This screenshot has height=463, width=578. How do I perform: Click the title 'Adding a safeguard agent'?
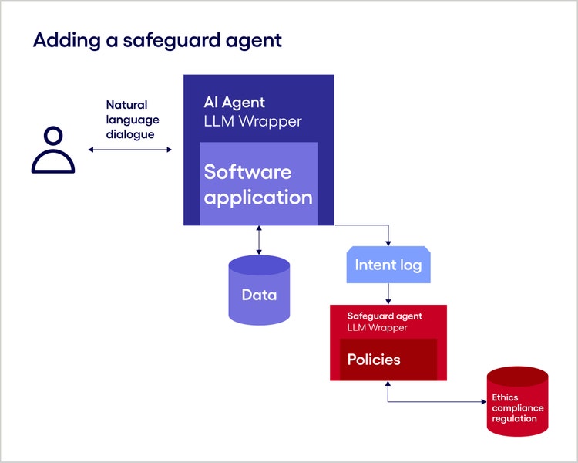(157, 41)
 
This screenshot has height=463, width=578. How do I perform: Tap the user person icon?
(53, 150)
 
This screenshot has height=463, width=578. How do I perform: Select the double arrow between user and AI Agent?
(130, 150)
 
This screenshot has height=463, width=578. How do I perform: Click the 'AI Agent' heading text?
(234, 102)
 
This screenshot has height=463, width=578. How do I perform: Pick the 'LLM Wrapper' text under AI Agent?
(252, 121)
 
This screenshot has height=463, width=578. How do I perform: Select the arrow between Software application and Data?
(259, 240)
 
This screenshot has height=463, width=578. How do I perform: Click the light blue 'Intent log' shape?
(388, 265)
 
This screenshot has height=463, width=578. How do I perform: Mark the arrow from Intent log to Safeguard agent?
(388, 294)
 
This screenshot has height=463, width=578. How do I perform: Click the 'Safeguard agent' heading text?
(385, 316)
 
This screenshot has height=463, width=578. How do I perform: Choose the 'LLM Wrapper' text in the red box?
(377, 328)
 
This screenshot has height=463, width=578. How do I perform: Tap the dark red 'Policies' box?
(388, 360)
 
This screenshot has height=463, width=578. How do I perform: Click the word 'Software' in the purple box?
(247, 171)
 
